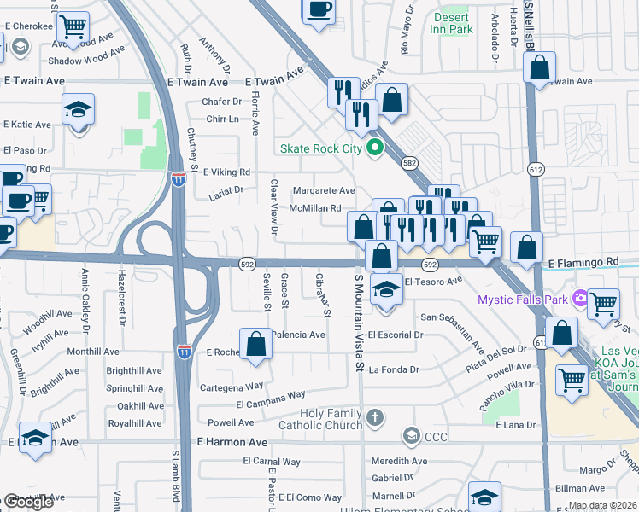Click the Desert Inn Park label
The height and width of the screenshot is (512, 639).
point(453,23)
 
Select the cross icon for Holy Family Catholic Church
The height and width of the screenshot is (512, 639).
point(374,417)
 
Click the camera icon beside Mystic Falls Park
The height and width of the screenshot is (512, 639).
point(581,299)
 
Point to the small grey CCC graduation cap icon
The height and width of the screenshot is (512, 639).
point(411,437)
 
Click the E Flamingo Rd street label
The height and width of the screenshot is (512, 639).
point(583,261)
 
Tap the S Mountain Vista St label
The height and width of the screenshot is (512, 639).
point(359,316)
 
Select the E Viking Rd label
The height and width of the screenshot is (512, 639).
point(220,172)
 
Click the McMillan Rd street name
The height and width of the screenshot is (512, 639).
point(315,208)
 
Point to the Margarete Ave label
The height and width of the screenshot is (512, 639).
point(323,190)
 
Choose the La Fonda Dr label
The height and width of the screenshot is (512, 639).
point(394,369)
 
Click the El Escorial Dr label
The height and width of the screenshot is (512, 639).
point(396,335)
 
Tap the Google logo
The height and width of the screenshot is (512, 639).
point(28,502)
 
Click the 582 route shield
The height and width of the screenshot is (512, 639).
point(410,162)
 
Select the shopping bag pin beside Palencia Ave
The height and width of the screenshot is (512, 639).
point(255,344)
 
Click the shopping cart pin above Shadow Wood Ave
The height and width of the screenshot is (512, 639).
point(73,27)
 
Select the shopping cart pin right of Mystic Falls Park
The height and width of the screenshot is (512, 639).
point(604,302)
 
